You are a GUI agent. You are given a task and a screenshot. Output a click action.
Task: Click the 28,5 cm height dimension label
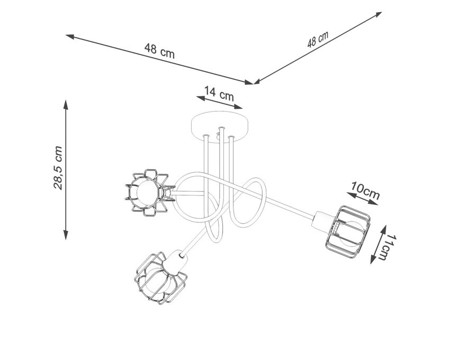pyautogui.click(x=58, y=168)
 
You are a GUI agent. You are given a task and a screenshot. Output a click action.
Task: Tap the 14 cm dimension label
pyautogui.click(x=219, y=93)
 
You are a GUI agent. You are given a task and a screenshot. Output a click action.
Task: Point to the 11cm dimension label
pyautogui.click(x=389, y=247)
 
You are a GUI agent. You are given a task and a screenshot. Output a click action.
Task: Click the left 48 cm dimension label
pyautogui.click(x=159, y=51)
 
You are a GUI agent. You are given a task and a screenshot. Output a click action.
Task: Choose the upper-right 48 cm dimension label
pyautogui.click(x=318, y=39)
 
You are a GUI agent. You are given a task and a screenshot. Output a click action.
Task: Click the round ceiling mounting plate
pyautogui.click(x=220, y=127)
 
